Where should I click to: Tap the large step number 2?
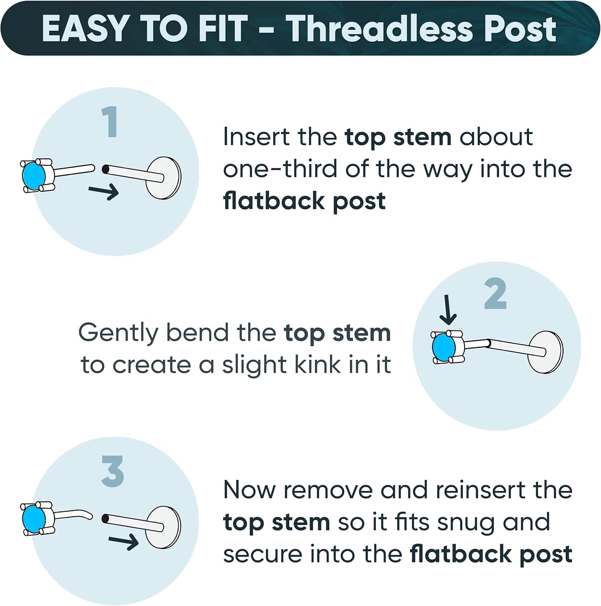click(x=495, y=293)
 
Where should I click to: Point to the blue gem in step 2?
click(x=443, y=347)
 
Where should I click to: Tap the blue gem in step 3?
click(x=34, y=520)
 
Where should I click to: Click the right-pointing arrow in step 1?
click(x=104, y=191)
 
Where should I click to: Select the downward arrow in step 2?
click(x=448, y=310)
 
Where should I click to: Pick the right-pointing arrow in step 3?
click(x=124, y=541)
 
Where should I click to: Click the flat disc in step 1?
click(x=164, y=178)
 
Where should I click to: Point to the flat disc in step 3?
click(x=164, y=527)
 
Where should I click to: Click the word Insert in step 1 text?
click(x=257, y=137)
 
